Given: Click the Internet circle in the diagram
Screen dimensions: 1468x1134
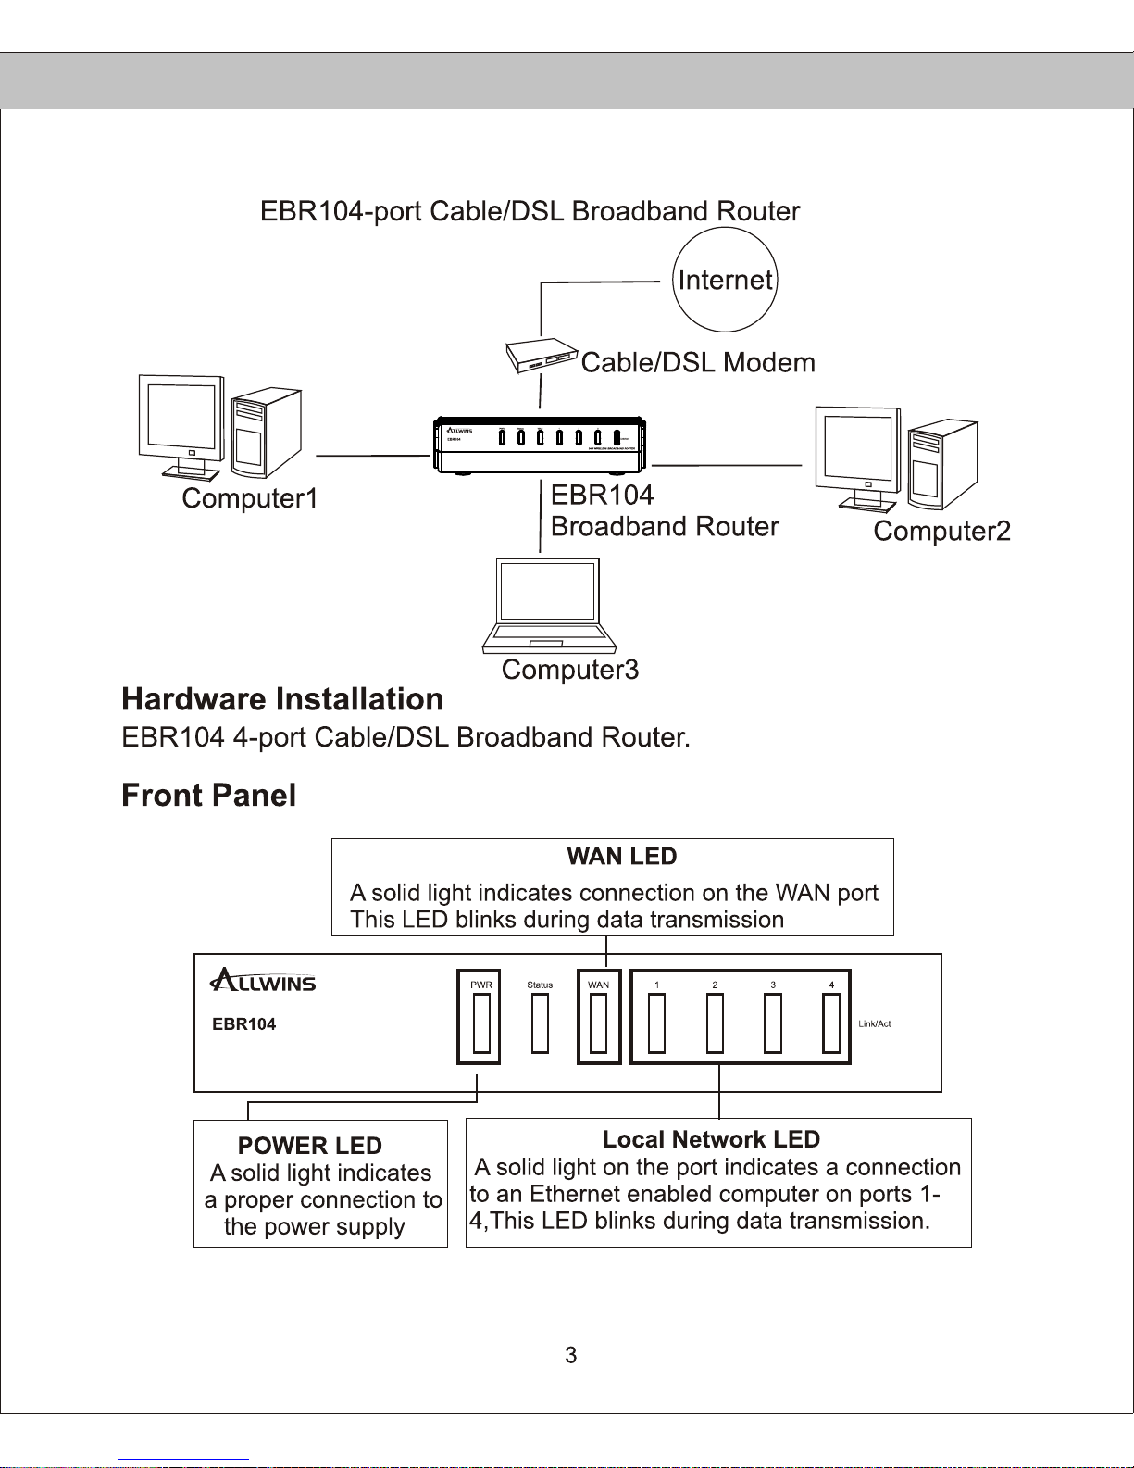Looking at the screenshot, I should pyautogui.click(x=725, y=280).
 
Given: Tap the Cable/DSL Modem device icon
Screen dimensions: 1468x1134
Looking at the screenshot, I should pyautogui.click(x=542, y=357).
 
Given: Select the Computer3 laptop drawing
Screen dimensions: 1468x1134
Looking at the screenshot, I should pyautogui.click(x=548, y=606).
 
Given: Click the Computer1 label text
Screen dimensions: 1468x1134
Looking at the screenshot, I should pyautogui.click(x=250, y=498).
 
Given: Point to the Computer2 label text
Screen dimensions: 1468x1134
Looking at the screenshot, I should pyautogui.click(x=941, y=532).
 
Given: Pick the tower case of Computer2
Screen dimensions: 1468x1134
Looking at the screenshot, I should pyautogui.click(x=941, y=466).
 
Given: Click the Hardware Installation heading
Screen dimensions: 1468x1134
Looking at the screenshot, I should pyautogui.click(x=282, y=699).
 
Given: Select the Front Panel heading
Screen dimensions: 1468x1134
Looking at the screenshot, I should pyautogui.click(x=208, y=796).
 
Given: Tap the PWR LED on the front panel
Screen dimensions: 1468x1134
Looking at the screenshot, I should pyautogui.click(x=481, y=1023).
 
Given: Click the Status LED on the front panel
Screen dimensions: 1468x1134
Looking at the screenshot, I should pyautogui.click(x=540, y=1023).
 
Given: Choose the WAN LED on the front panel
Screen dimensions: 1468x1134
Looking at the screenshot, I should pyautogui.click(x=599, y=1023).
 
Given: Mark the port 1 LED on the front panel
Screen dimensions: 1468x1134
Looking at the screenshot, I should pyautogui.click(x=656, y=1023).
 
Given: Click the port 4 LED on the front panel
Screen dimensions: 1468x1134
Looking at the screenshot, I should pyautogui.click(x=831, y=1023).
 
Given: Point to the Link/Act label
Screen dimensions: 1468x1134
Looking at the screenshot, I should pyautogui.click(x=875, y=1023).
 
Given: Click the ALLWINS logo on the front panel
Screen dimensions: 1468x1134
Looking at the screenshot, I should pyautogui.click(x=264, y=981).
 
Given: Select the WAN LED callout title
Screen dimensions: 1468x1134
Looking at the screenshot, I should pyautogui.click(x=622, y=857).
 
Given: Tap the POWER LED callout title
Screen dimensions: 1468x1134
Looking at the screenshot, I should pyautogui.click(x=309, y=1146).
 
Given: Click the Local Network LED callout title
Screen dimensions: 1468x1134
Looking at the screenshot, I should pyautogui.click(x=711, y=1139).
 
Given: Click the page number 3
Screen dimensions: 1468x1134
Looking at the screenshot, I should pyautogui.click(x=571, y=1355).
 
